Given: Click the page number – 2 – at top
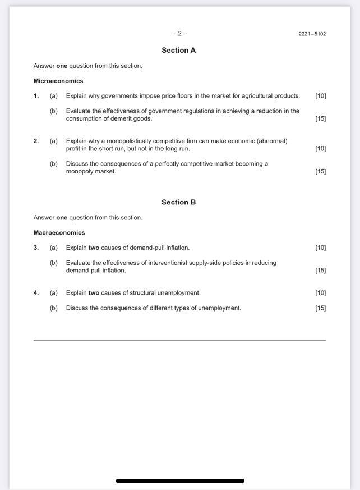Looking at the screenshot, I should pyautogui.click(x=179, y=34).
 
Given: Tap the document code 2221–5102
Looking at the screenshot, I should pyautogui.click(x=312, y=34).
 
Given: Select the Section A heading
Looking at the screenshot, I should pyautogui.click(x=178, y=51).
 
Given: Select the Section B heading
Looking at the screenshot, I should pyautogui.click(x=178, y=203).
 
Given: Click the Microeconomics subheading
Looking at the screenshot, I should pyautogui.click(x=58, y=81).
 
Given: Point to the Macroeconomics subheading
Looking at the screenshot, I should pyautogui.click(x=59, y=233).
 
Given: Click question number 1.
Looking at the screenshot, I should pyautogui.click(x=36, y=96).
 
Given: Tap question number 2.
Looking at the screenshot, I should pyautogui.click(x=36, y=141).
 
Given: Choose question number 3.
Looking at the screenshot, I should pyautogui.click(x=36, y=248).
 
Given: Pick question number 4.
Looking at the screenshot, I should pyautogui.click(x=36, y=293).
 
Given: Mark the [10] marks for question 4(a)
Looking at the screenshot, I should pyautogui.click(x=320, y=293).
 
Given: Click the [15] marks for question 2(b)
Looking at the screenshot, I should pyautogui.click(x=320, y=172).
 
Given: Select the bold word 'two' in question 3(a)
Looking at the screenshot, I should pyautogui.click(x=94, y=248).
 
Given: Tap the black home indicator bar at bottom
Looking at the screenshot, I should pyautogui.click(x=180, y=481).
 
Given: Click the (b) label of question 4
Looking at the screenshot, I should pyautogui.click(x=54, y=308).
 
